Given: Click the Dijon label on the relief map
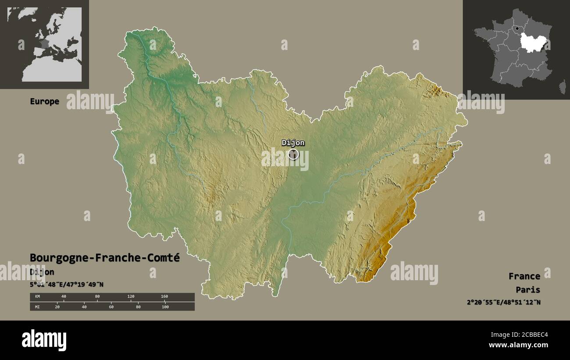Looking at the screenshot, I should click(x=293, y=143).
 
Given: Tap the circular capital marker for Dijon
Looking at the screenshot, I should click(x=293, y=154).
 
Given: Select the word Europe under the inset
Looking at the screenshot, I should click(x=44, y=101).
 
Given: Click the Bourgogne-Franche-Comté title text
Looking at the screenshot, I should click(x=105, y=258).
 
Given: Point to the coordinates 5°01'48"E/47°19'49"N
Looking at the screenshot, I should click(x=67, y=284).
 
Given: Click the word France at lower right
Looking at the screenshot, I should click(x=524, y=276).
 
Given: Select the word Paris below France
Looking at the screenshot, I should click(x=528, y=289).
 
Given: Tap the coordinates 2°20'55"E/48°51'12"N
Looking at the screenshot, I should click(x=503, y=302).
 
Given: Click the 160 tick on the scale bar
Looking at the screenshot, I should click(x=164, y=297).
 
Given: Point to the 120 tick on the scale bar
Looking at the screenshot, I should click(x=131, y=297).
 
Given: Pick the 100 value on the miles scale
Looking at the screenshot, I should click(x=165, y=307).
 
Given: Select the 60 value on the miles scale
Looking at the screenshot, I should click(x=111, y=307).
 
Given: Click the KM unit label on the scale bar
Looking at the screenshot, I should click(x=37, y=297).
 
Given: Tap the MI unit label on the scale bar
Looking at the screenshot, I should click(x=37, y=307).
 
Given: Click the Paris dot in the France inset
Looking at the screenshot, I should click(x=517, y=29).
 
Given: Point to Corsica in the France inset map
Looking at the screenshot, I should click(x=562, y=87).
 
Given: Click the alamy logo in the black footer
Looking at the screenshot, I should click(x=44, y=340).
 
